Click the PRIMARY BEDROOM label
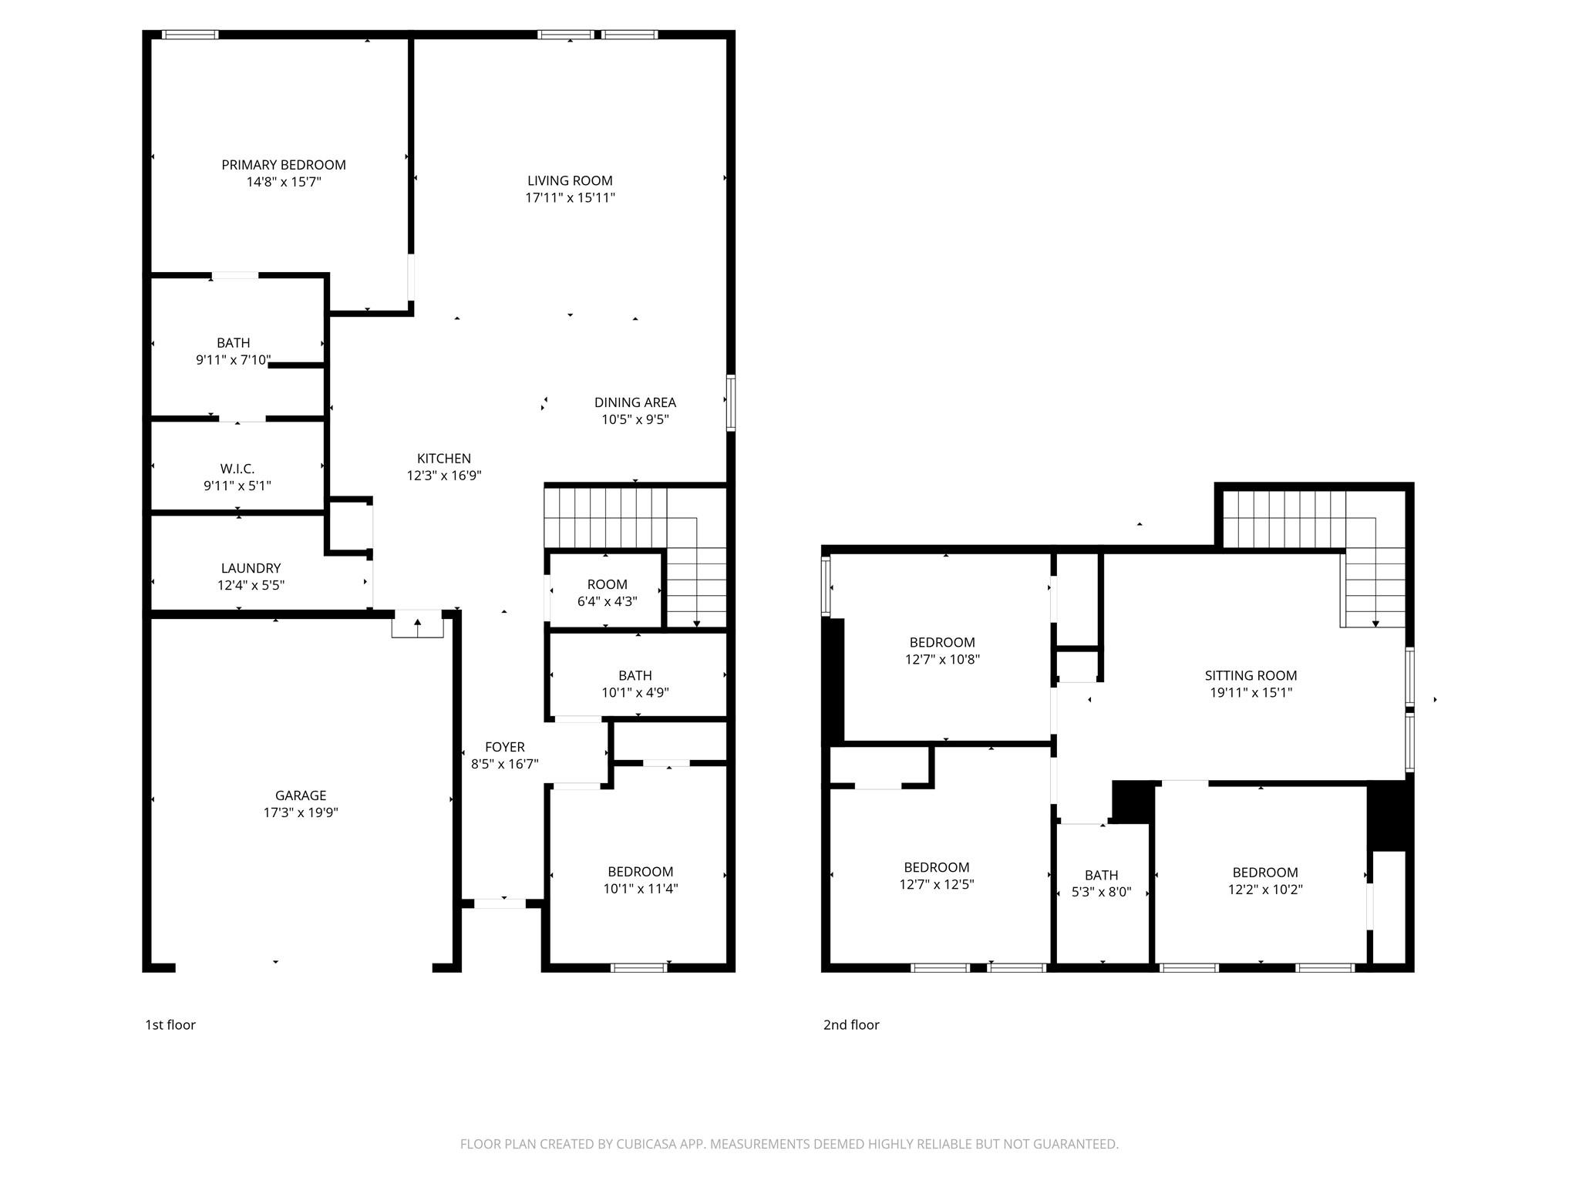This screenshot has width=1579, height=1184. [x=283, y=165]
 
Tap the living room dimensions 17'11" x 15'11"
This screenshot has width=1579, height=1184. [x=570, y=198]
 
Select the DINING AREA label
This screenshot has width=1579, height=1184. [x=635, y=402]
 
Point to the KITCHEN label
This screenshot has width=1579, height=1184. [x=443, y=459]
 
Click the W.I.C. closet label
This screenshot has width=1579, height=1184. [x=237, y=469]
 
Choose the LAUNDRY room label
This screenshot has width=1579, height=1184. [x=251, y=568]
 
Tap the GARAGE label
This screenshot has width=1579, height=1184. [x=301, y=795]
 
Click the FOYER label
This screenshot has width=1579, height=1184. [x=504, y=747]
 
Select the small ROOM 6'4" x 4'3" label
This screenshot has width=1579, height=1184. [x=607, y=584]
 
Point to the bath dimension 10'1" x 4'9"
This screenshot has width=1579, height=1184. [x=635, y=693]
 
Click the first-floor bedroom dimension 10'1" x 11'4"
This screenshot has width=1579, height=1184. [x=640, y=889]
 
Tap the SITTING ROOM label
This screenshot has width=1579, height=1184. [x=1251, y=676]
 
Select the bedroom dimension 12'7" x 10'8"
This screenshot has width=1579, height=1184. [x=942, y=660]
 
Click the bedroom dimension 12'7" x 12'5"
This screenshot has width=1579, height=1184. [x=936, y=885]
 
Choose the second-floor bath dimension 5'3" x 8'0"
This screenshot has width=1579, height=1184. [x=1101, y=893]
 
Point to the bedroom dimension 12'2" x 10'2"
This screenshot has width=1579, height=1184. [x=1264, y=890]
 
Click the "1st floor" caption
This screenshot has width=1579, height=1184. [x=170, y=1025]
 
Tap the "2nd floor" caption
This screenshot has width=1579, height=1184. [x=850, y=1025]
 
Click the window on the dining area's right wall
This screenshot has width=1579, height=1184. [x=730, y=402]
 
